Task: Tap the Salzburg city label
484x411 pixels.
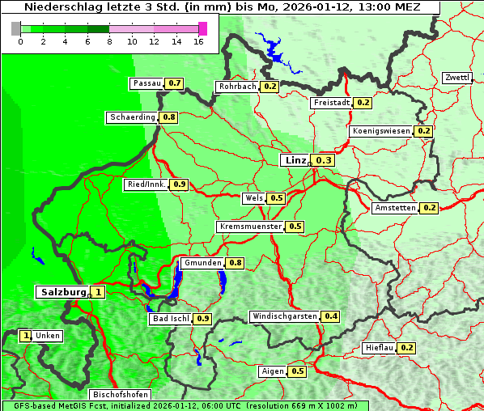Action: coord(63,292)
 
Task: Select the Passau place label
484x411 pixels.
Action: coord(146,83)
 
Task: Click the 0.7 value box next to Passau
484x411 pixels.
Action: coord(174,83)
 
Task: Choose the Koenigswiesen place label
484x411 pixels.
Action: coord(382,131)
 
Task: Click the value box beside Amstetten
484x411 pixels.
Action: coord(429,208)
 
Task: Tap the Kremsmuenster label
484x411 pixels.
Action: coord(250,227)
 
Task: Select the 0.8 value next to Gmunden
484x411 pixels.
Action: coord(235,263)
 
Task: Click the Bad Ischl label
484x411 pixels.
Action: coord(170,319)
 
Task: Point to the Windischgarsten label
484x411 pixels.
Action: coord(284,316)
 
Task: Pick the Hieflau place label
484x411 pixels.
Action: coord(380,348)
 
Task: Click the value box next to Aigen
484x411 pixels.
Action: coord(297,371)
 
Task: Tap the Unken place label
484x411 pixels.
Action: coord(48,336)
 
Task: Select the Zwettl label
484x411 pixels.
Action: coord(456,78)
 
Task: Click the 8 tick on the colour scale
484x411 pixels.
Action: coord(109,40)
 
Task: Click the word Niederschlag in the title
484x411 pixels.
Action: coord(68,7)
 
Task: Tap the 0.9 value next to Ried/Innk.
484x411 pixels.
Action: coord(180,184)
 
